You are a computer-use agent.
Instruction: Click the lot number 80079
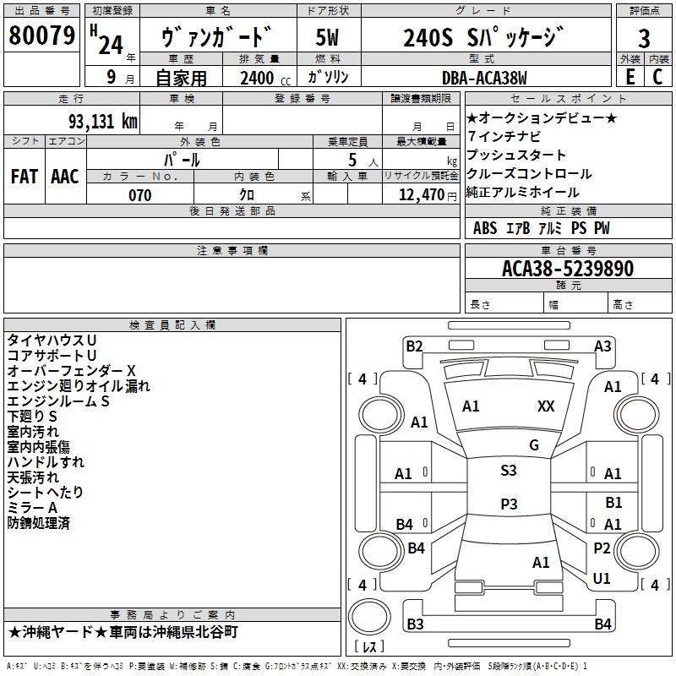click(x=41, y=36)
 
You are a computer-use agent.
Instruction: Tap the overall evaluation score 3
click(x=644, y=38)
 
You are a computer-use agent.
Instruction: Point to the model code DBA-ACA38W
click(x=484, y=79)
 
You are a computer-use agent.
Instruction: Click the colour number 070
click(x=139, y=195)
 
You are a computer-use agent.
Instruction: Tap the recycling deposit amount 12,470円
click(x=421, y=195)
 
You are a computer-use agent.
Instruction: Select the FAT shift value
click(x=25, y=177)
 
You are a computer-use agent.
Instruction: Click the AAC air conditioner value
click(x=65, y=177)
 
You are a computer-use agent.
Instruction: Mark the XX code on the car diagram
click(x=546, y=406)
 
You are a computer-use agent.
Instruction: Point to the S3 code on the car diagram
click(x=509, y=471)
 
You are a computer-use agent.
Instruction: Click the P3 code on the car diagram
click(x=509, y=504)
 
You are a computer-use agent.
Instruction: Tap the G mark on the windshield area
click(x=533, y=445)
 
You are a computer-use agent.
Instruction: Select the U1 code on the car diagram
click(x=602, y=579)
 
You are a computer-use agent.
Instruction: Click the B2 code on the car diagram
click(x=414, y=346)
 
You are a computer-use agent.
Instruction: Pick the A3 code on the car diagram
click(x=602, y=346)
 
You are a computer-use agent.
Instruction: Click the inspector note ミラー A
click(x=32, y=507)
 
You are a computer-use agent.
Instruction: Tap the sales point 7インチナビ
click(x=504, y=137)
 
